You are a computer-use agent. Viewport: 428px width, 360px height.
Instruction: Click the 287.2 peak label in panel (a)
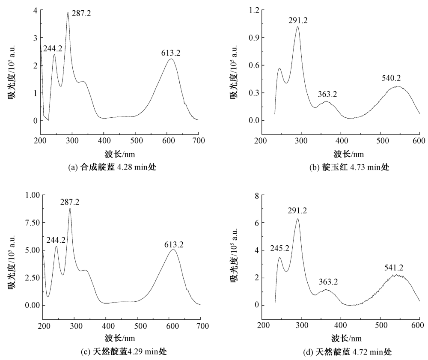point(81,14)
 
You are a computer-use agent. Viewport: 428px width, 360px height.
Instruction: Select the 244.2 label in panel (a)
point(53,49)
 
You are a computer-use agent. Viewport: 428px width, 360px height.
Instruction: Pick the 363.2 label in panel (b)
point(327,94)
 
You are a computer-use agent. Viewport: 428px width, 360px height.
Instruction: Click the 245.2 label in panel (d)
point(279,249)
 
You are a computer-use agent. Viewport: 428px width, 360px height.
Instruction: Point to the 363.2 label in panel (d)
point(328,282)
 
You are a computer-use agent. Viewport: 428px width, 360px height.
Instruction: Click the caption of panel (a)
point(112,167)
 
